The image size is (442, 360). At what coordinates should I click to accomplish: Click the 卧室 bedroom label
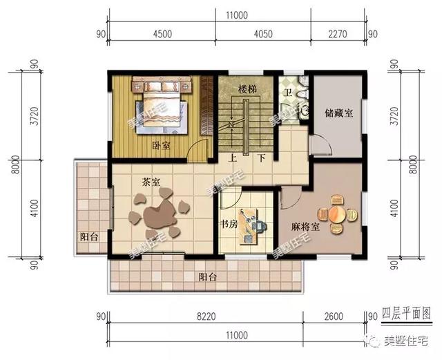pos(160,144)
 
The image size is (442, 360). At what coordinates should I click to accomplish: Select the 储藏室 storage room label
pos(338,113)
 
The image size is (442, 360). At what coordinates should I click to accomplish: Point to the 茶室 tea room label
pos(151,182)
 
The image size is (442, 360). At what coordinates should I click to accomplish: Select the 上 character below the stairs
pos(233,157)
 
